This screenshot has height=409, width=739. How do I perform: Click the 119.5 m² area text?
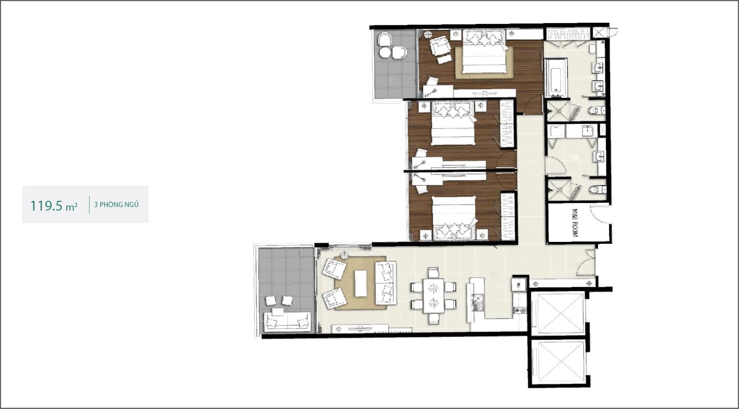point(54,206)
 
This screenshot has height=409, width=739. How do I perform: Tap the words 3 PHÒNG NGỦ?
point(116,204)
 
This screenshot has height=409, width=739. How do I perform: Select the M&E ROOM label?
point(575,223)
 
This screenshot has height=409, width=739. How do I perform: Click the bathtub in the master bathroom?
point(556,78)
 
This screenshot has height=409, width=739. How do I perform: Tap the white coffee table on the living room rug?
point(361,283)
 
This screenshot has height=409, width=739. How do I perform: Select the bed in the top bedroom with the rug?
point(485,52)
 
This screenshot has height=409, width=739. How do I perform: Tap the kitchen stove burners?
point(520,310)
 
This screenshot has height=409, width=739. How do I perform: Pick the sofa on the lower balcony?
point(287,320)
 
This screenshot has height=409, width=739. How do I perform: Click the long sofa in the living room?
point(386,283)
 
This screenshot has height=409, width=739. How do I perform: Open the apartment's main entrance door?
point(587,262)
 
